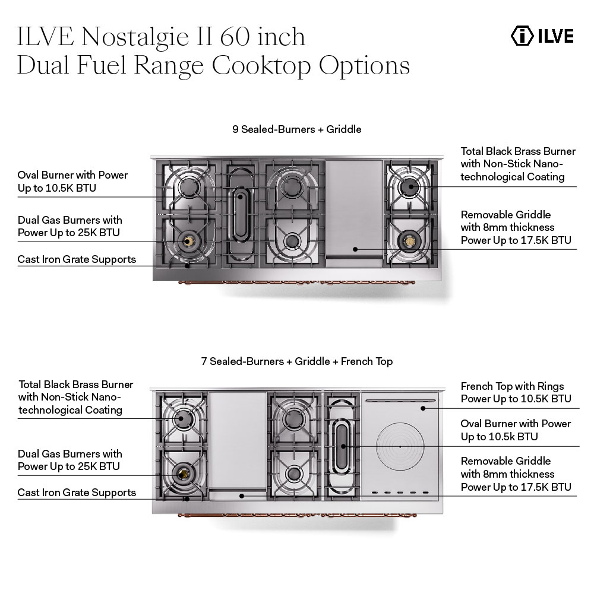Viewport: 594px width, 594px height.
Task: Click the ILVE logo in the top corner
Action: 542,36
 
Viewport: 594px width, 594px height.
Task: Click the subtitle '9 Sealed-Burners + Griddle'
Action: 296,129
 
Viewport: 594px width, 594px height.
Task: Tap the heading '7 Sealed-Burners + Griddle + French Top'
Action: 296,361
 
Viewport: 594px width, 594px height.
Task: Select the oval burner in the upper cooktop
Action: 241,212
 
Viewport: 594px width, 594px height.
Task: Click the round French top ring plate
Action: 399,446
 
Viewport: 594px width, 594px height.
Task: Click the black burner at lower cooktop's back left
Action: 182,419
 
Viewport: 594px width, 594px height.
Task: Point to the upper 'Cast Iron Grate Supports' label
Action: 77,259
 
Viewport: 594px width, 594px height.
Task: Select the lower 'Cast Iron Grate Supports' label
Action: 77,493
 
